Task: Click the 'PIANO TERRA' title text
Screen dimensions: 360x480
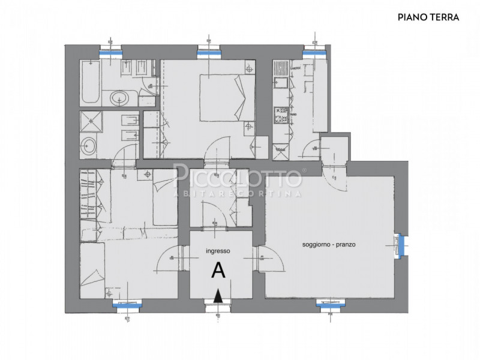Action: [428, 17]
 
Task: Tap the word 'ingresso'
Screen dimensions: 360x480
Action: [218, 251]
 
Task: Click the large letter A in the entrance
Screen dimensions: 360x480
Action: [219, 271]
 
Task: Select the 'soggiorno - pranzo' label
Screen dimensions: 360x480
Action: [329, 245]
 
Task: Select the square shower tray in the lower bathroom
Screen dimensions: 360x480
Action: [92, 122]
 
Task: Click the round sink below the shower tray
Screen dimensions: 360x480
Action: [91, 145]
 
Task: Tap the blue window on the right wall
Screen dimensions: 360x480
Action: [401, 243]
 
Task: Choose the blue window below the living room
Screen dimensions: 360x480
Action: [328, 303]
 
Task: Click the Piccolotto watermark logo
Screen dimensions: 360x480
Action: [238, 177]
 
